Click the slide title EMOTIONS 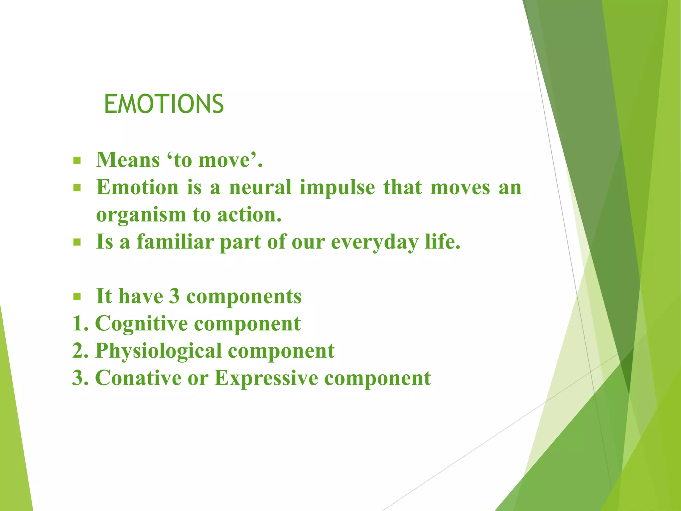[x=164, y=104]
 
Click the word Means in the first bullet [x=128, y=160]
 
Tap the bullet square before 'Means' [x=77, y=161]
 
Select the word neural [x=260, y=187]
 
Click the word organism [x=140, y=215]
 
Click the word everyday [x=374, y=243]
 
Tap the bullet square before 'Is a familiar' [x=77, y=243]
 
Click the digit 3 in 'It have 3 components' [x=174, y=296]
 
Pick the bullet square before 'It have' [x=77, y=296]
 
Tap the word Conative [x=138, y=378]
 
